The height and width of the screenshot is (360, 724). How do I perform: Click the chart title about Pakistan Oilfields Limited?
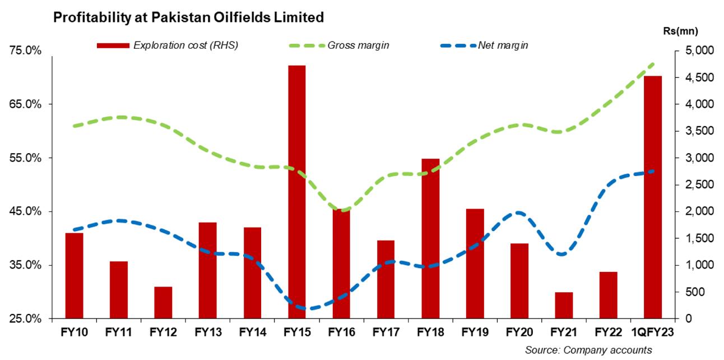[x=188, y=18]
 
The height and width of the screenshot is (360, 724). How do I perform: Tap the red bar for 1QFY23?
[x=653, y=197]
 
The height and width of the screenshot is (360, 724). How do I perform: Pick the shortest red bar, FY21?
[x=564, y=305]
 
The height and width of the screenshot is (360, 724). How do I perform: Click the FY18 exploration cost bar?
[x=430, y=238]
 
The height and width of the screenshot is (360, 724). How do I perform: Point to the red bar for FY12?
[x=163, y=302]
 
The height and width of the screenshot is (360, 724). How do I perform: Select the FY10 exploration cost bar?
[x=74, y=275]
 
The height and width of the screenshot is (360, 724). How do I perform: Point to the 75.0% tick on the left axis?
[x=26, y=51]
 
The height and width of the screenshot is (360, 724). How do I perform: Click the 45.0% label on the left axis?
[x=26, y=211]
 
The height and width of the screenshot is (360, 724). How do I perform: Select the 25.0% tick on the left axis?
[x=26, y=319]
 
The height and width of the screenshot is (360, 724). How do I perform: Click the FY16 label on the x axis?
[x=341, y=333]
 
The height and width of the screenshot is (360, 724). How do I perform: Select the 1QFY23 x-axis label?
[x=653, y=333]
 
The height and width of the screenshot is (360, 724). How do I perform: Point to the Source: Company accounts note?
[x=588, y=350]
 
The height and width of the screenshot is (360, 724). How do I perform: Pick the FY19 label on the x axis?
[x=475, y=333]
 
